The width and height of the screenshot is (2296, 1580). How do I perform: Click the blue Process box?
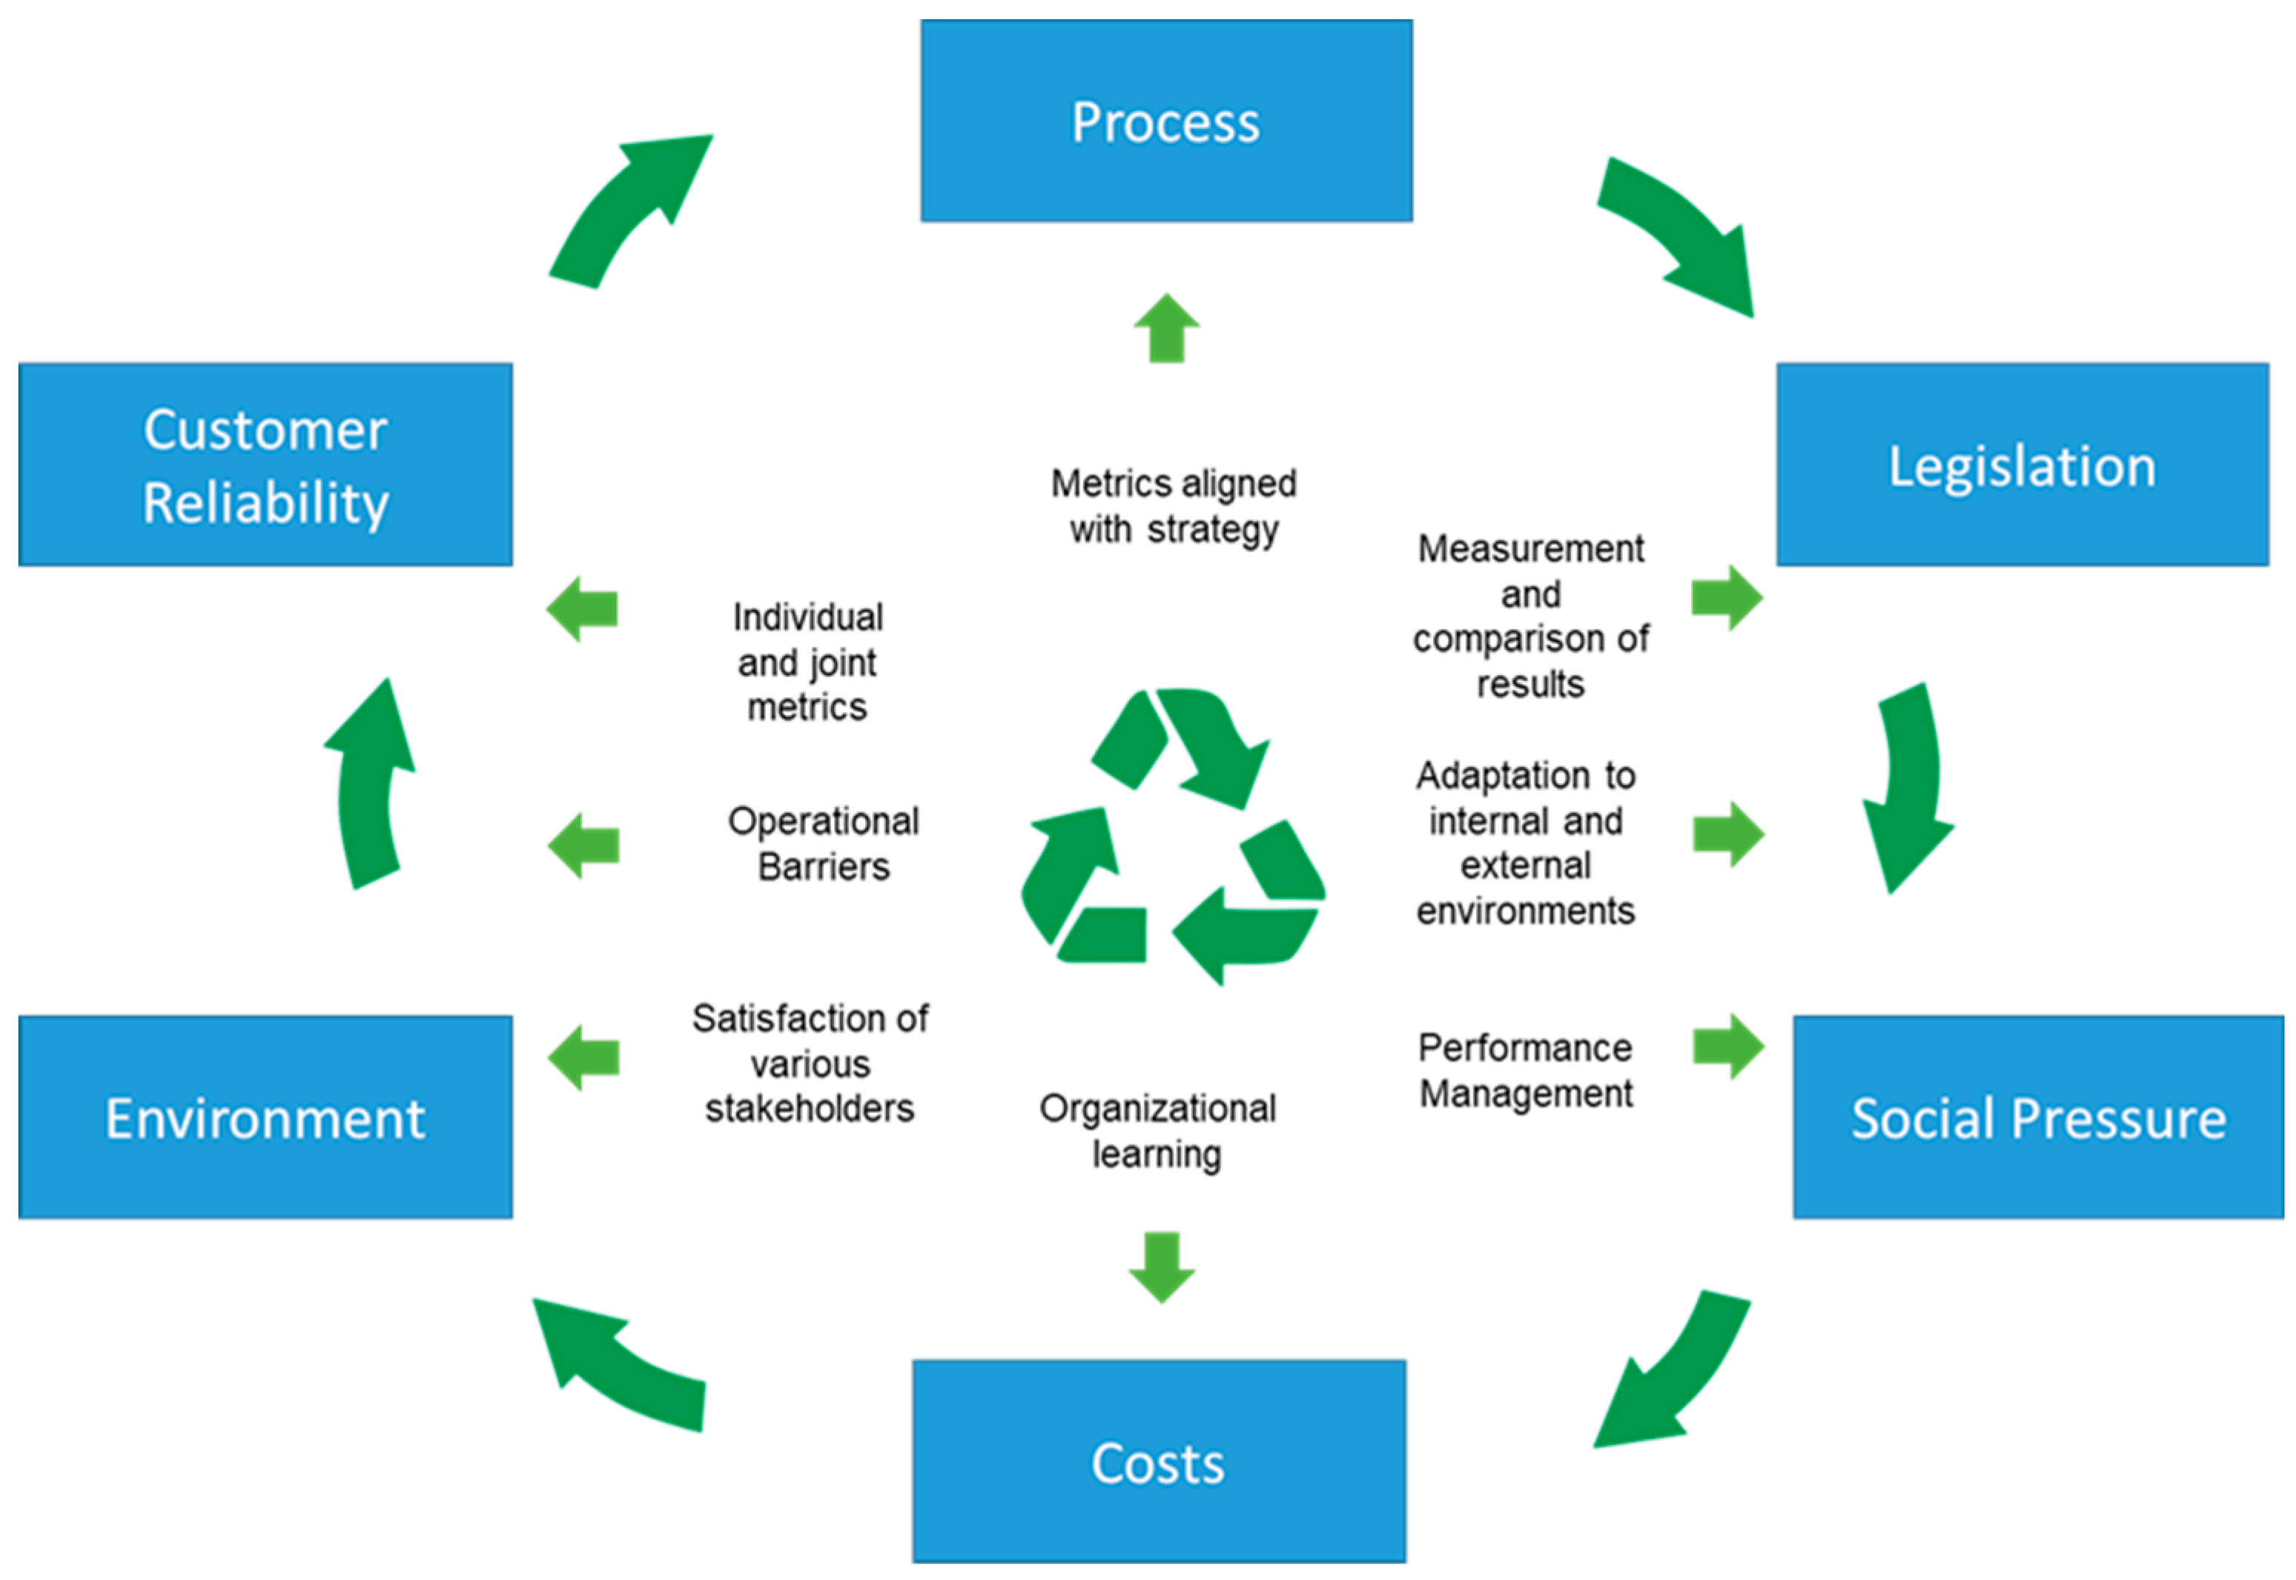point(1165,121)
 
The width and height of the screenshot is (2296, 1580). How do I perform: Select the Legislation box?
point(2021,465)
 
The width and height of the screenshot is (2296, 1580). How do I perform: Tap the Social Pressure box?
point(2037,1117)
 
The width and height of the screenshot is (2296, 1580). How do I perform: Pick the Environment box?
point(265,1117)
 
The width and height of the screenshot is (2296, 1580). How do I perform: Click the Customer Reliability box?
point(265,465)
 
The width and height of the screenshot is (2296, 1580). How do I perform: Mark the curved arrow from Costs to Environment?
point(623,1366)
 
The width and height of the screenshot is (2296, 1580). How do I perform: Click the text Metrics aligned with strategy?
point(1174,506)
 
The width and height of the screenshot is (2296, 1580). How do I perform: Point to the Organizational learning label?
point(1157,1131)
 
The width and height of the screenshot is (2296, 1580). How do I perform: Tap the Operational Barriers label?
point(823,843)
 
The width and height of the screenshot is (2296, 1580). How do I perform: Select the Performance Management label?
point(1525,1070)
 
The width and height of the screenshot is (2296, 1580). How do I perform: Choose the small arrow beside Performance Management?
point(1727,1046)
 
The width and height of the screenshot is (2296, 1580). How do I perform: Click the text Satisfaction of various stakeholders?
point(810,1063)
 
